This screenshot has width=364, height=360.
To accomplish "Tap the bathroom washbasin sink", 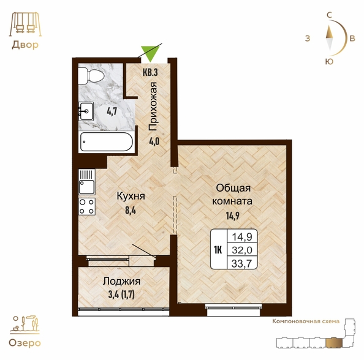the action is tap(86, 111).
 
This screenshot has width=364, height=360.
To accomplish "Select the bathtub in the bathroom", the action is tap(107, 141).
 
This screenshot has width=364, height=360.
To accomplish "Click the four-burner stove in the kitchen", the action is tap(87, 206).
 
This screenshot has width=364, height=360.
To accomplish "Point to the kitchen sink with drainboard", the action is tap(87, 182).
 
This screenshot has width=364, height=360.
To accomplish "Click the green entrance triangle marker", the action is tap(151, 53).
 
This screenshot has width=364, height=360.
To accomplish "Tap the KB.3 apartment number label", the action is tap(150, 72).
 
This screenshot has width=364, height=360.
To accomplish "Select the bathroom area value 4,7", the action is tap(112, 111).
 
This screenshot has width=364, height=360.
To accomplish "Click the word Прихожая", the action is tap(153, 107).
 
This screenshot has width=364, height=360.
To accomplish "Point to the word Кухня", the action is tap(131, 197).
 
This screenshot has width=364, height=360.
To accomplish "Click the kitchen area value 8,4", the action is tap(131, 211).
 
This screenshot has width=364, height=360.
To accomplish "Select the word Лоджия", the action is tap(122, 282).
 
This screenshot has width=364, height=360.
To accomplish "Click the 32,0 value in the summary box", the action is tap(242, 250).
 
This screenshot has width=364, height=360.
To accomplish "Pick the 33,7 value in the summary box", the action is tap(242, 263).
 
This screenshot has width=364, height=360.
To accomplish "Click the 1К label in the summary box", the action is tap(218, 250).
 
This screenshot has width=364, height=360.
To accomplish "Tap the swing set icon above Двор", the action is tap(25, 24).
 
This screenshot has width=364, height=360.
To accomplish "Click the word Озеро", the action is tap(25, 343).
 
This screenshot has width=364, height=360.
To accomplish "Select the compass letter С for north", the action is tap(329, 15).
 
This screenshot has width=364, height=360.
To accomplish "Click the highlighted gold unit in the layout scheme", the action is tap(334, 343).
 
